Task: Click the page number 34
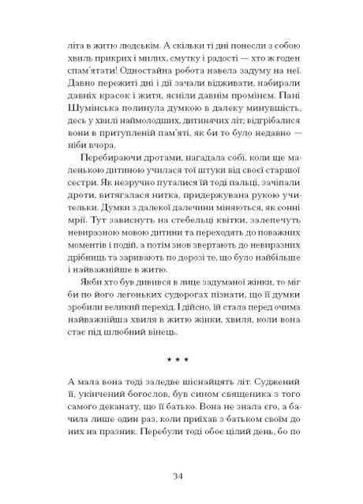(x=180, y=475)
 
